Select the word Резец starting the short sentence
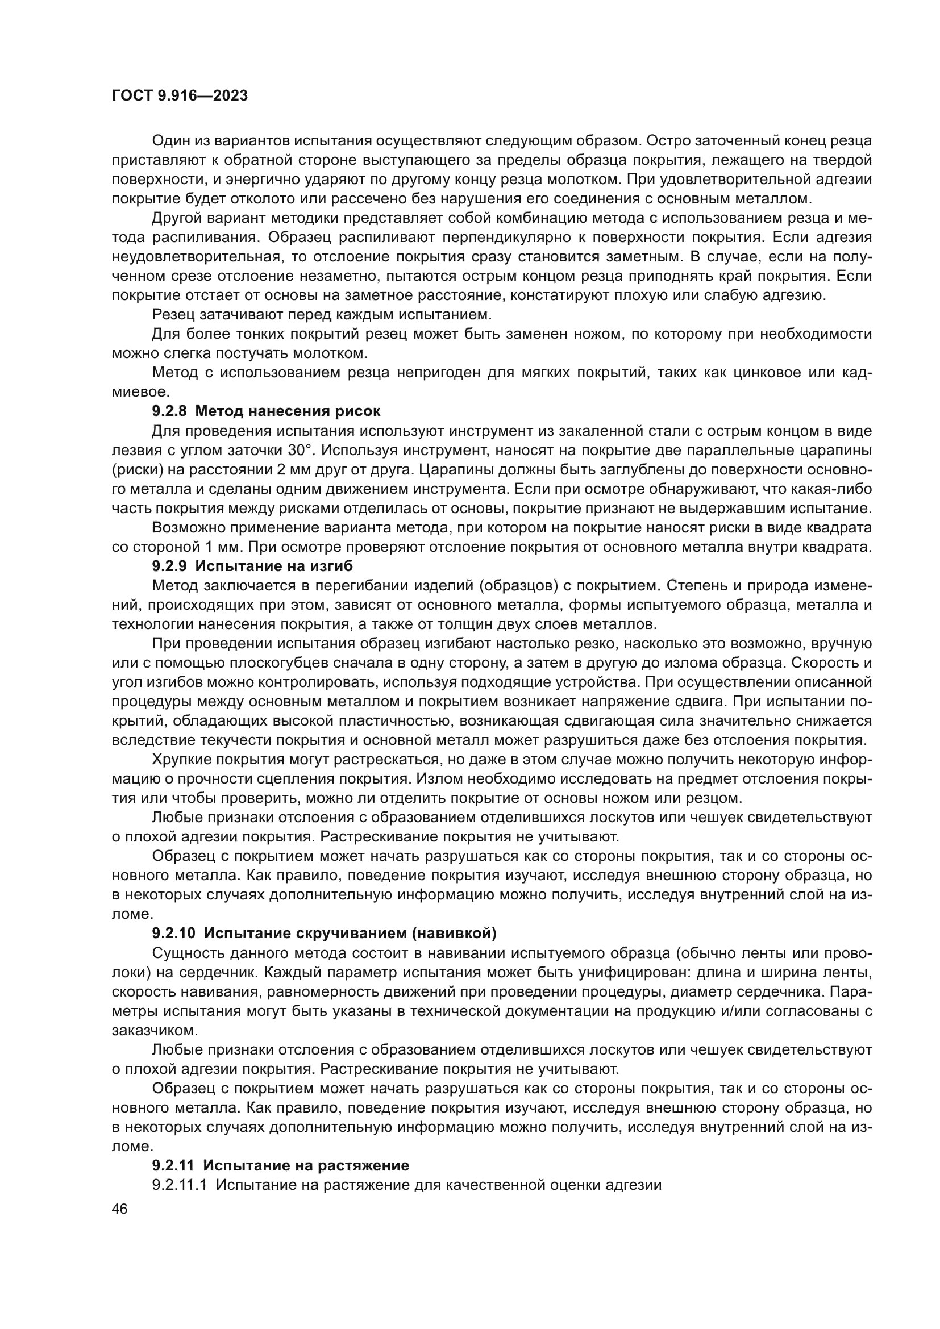(x=173, y=315)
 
